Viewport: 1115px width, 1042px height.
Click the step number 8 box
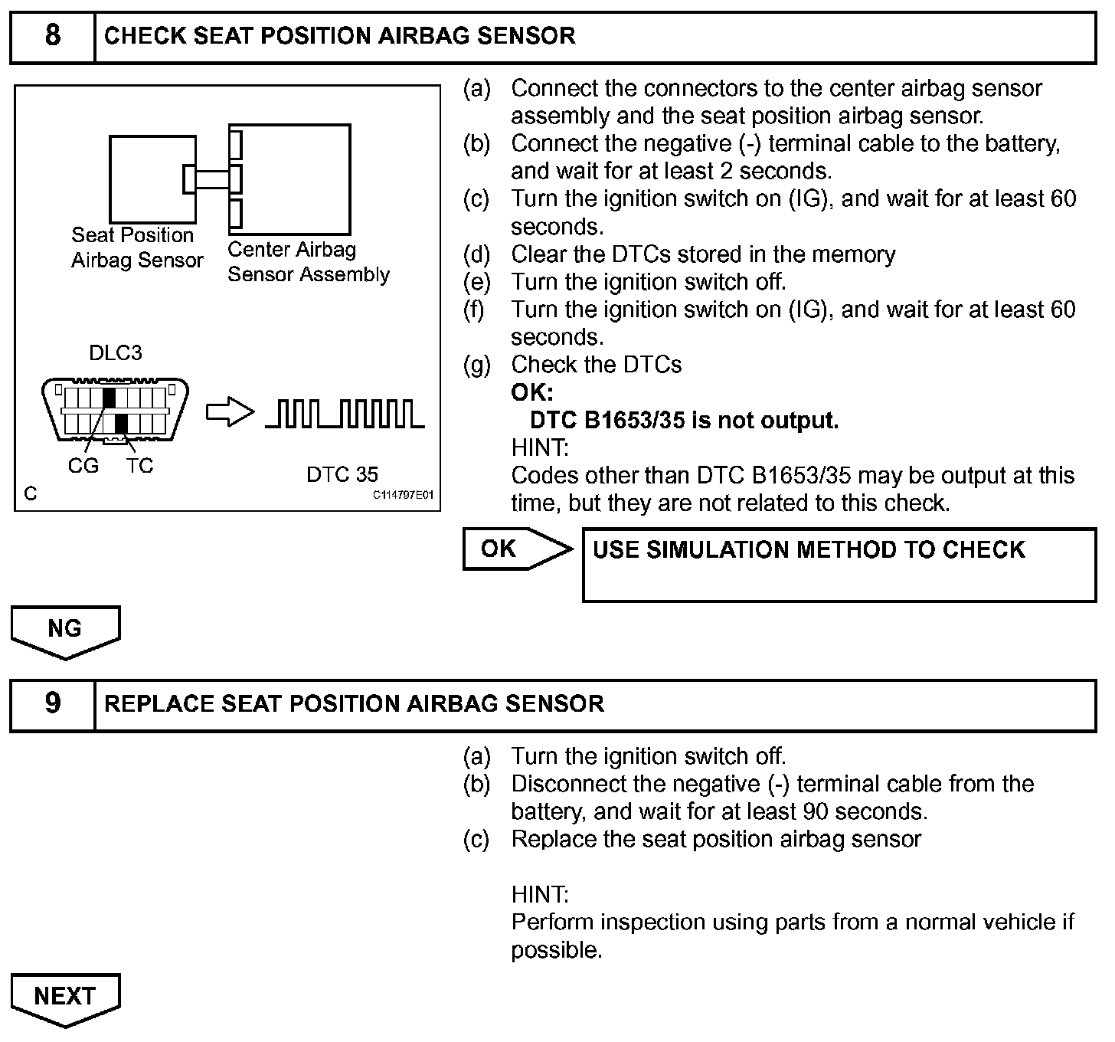click(x=52, y=36)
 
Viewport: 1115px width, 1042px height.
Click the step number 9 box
click(x=52, y=703)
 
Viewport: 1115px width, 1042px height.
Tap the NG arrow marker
click(x=65, y=630)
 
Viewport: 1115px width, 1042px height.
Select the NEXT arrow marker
click(x=65, y=997)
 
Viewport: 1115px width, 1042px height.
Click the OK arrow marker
click(x=513, y=549)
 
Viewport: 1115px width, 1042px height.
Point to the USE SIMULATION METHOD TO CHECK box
click(x=839, y=564)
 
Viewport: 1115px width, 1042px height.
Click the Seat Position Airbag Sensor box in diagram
click(x=152, y=179)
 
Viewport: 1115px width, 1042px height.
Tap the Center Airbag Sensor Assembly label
click(x=308, y=262)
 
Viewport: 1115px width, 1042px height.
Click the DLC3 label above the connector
click(x=116, y=353)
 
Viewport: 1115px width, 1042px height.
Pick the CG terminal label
click(x=83, y=466)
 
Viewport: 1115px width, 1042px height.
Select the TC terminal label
click(x=139, y=466)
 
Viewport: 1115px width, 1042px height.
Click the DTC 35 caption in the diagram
click(x=342, y=475)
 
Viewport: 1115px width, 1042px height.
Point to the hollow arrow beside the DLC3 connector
click(x=230, y=414)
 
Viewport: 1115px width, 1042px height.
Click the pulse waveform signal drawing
click(x=344, y=414)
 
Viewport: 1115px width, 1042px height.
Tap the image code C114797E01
click(x=403, y=495)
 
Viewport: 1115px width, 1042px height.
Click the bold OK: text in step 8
click(x=531, y=393)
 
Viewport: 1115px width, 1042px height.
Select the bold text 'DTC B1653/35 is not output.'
click(x=684, y=421)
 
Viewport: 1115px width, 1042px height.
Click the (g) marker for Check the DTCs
click(x=476, y=365)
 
